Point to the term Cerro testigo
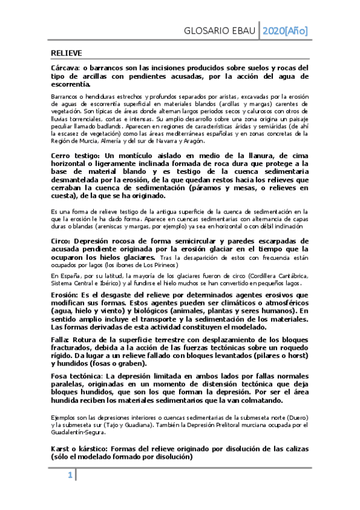[x=76, y=155]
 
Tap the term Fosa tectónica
[x=76, y=376]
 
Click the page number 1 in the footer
[x=70, y=476]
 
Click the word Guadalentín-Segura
[x=76, y=431]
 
